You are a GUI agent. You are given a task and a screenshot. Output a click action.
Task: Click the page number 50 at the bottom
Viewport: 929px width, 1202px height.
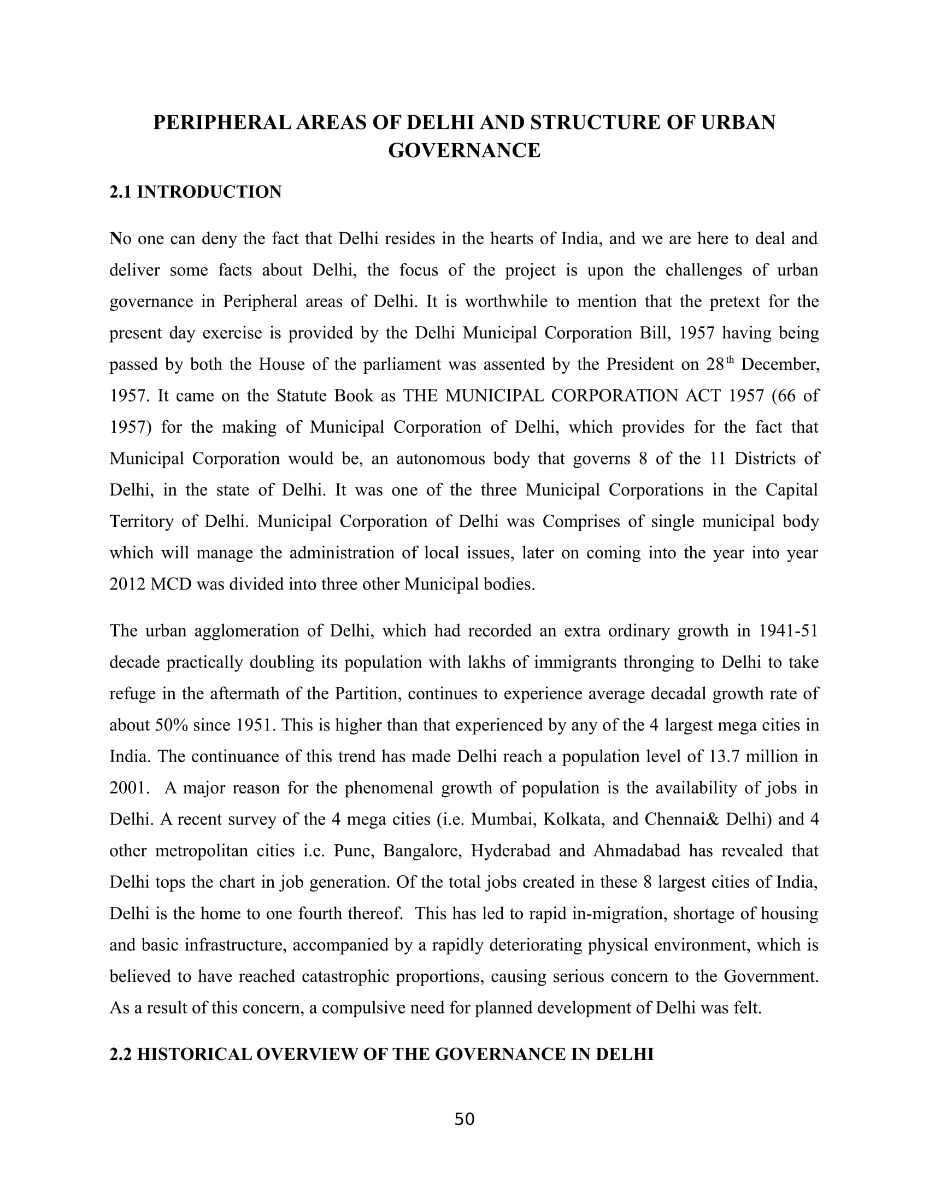(464, 1119)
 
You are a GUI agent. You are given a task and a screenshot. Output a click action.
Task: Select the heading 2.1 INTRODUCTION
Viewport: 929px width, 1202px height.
(196, 192)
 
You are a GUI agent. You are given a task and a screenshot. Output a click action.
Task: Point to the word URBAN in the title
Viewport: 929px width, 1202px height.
(738, 122)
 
